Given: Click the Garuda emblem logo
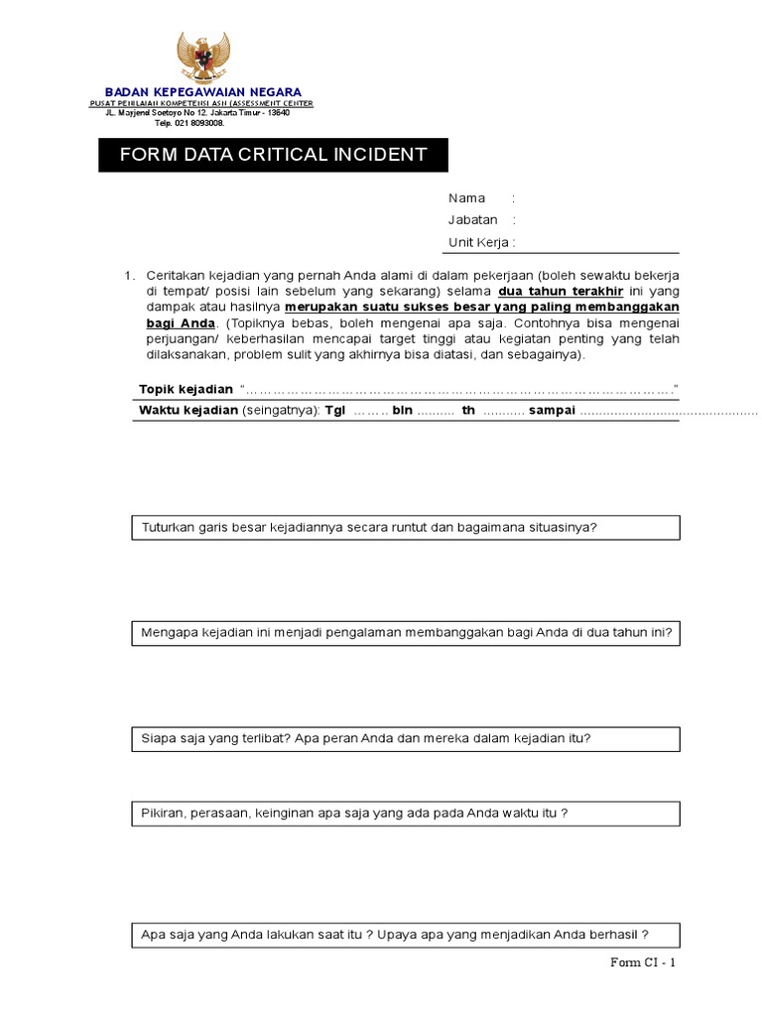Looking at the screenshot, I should (x=202, y=58).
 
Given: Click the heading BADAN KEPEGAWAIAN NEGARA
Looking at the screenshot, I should (x=203, y=92).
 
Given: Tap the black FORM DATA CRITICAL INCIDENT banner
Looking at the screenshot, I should (x=273, y=155).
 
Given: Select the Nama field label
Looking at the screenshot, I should (x=466, y=198).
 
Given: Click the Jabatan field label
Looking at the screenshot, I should (x=472, y=220).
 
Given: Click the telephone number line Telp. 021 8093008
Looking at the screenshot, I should (x=189, y=123).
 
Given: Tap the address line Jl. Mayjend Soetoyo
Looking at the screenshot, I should (x=197, y=113).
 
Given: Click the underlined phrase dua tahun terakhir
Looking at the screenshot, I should (x=561, y=291).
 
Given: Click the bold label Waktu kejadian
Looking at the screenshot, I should (x=189, y=411).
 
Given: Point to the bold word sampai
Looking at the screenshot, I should (x=552, y=411).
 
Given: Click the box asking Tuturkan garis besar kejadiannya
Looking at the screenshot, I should (x=406, y=528).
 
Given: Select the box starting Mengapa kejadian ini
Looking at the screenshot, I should (x=406, y=633).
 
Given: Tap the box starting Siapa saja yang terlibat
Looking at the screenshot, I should (x=406, y=739).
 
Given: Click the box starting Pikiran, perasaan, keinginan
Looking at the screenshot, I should (x=406, y=814).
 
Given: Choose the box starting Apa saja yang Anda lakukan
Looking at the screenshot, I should (x=406, y=935).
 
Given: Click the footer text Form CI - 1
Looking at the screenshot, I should (x=642, y=962).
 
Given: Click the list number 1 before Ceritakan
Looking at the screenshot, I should (x=128, y=275).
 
